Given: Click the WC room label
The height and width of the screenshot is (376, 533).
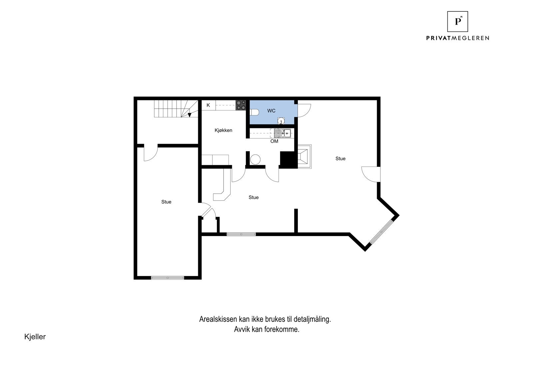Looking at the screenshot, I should coord(271,111).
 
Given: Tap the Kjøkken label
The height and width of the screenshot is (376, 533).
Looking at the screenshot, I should coord(223,130).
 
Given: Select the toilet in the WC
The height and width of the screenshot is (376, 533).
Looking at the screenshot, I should coord(254,112).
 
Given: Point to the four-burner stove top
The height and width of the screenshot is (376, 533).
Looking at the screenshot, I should coord(241,105).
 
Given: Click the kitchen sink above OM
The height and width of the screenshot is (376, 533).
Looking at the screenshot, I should coord(282,133).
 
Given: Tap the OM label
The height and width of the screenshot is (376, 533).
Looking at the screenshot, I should coord(274,141).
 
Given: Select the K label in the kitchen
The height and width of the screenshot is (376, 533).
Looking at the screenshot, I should coord(208,105).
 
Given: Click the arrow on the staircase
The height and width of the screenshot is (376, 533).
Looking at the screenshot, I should coord(189,115).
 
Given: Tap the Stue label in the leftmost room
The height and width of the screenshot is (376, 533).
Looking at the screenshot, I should coord(166,202).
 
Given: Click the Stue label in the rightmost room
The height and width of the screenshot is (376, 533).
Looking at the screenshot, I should coord(340,159).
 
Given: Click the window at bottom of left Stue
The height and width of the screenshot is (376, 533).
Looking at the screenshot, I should coord(167,278).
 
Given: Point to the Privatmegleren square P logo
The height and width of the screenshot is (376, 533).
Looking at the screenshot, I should coord(457,22).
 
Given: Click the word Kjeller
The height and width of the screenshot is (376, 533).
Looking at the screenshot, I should coord(35,336).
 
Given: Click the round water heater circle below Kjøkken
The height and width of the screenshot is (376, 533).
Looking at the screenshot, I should coord(255,159).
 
